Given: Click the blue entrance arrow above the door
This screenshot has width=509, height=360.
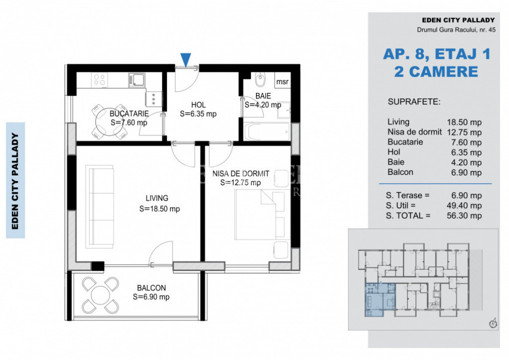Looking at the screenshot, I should [x=185, y=60].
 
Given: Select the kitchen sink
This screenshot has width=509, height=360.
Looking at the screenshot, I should [x=136, y=80].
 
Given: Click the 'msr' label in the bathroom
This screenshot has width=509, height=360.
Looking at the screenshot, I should [x=282, y=82].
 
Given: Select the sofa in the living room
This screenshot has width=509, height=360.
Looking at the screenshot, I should [x=100, y=207].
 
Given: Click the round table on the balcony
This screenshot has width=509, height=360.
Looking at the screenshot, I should [x=100, y=294].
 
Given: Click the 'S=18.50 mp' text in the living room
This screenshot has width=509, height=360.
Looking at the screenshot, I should [x=160, y=209].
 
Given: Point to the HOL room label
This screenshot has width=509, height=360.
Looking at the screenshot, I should [x=198, y=105].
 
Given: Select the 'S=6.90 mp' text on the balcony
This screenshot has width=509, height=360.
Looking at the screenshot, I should [x=151, y=297].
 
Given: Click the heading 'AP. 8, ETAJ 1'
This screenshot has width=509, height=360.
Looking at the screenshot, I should [x=436, y=54].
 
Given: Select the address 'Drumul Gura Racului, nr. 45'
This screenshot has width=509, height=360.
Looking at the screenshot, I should [x=456, y=30].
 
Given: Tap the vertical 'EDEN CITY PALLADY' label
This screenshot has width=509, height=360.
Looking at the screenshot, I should [x=15, y=181].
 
